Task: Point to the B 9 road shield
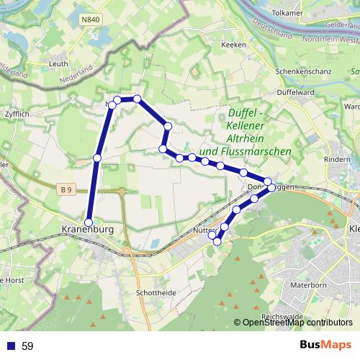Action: tap(67, 189)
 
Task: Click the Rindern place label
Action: tap(338, 159)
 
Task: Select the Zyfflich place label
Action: tap(16, 114)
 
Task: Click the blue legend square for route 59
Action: tap(11, 346)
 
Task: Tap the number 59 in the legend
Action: tap(27, 346)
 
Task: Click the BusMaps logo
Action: tap(325, 346)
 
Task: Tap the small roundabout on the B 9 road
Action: tap(122, 192)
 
